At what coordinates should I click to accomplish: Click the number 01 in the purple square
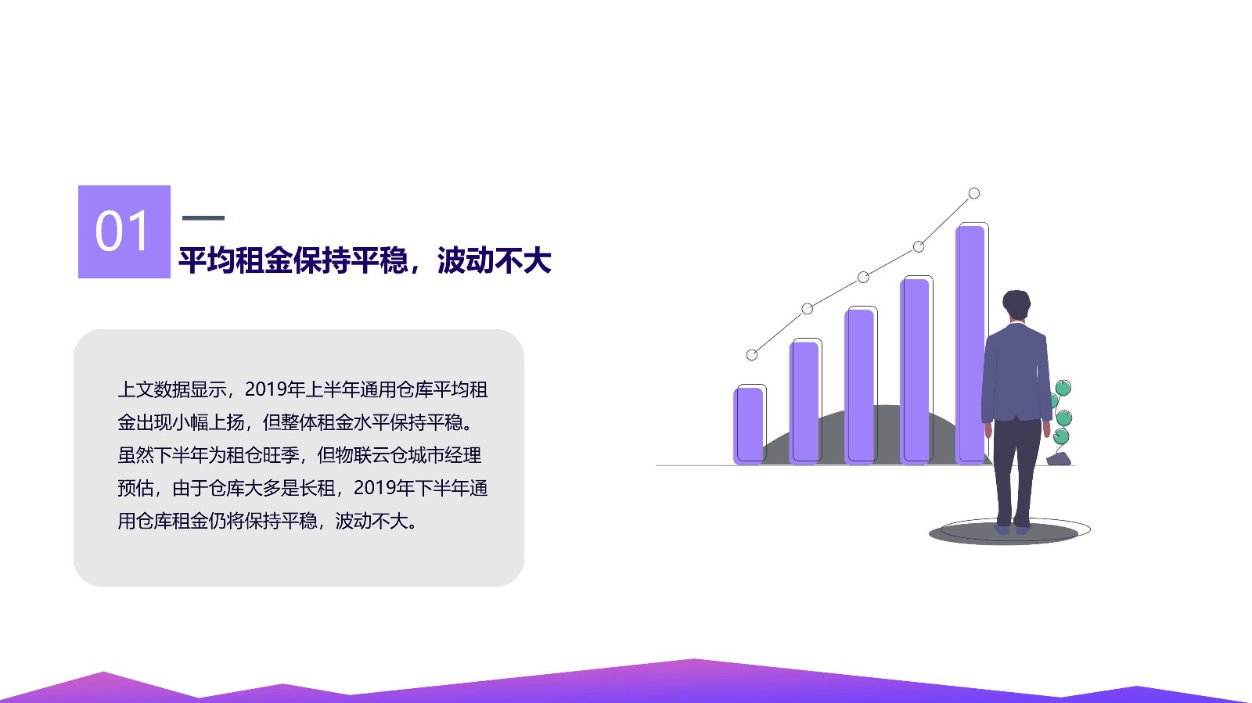[x=122, y=231]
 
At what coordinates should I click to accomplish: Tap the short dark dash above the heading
[x=203, y=217]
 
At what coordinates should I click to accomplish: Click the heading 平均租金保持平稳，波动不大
[x=365, y=260]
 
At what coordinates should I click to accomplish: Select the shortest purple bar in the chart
[x=748, y=425]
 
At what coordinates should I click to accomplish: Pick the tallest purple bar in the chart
[x=970, y=345]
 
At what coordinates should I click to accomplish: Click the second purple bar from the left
[x=804, y=403]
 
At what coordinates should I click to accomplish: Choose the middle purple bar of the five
[x=859, y=387]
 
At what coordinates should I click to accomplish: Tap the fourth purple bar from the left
[x=915, y=371]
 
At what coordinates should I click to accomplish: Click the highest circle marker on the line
[x=973, y=193]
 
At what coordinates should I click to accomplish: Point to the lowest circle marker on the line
[x=752, y=354]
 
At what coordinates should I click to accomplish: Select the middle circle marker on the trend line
[x=863, y=277]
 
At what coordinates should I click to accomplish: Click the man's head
[x=1016, y=305]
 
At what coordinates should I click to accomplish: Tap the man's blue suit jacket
[x=1016, y=372]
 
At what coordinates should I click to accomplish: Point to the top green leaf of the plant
[x=1063, y=388]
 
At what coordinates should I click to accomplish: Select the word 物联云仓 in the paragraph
[x=372, y=455]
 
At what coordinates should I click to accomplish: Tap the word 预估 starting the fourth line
[x=135, y=488]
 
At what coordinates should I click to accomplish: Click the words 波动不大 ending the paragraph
[x=372, y=521]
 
